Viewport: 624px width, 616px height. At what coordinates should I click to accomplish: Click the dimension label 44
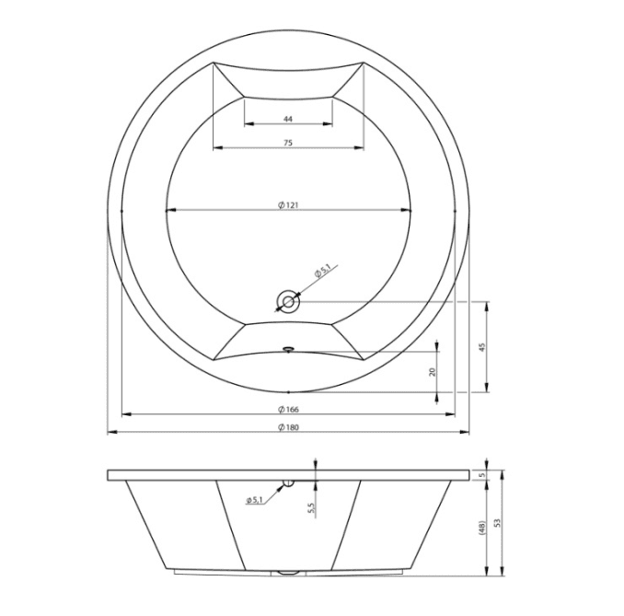(288, 119)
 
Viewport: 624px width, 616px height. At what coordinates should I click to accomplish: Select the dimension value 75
(288, 143)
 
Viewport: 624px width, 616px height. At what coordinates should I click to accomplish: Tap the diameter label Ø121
(288, 205)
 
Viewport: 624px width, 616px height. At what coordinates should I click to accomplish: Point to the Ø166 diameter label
(288, 410)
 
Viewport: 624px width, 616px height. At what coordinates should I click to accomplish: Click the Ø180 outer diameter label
(288, 427)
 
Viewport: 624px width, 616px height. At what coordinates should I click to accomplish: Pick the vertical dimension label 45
(482, 347)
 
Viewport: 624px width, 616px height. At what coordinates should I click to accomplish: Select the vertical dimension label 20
(433, 372)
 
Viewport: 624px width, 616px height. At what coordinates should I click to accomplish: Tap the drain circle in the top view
(288, 302)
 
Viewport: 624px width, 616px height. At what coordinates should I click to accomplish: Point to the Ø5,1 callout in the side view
(254, 500)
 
